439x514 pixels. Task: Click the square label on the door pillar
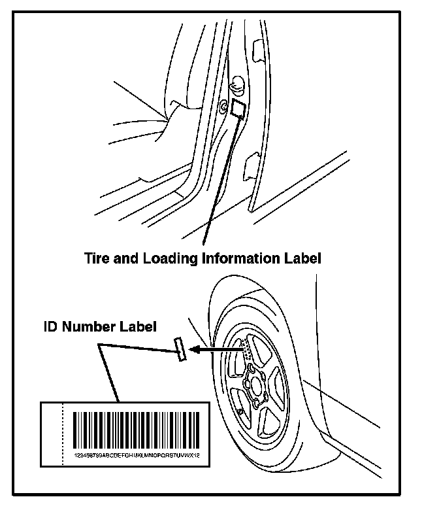click(238, 109)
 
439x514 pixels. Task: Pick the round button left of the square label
click(223, 106)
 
